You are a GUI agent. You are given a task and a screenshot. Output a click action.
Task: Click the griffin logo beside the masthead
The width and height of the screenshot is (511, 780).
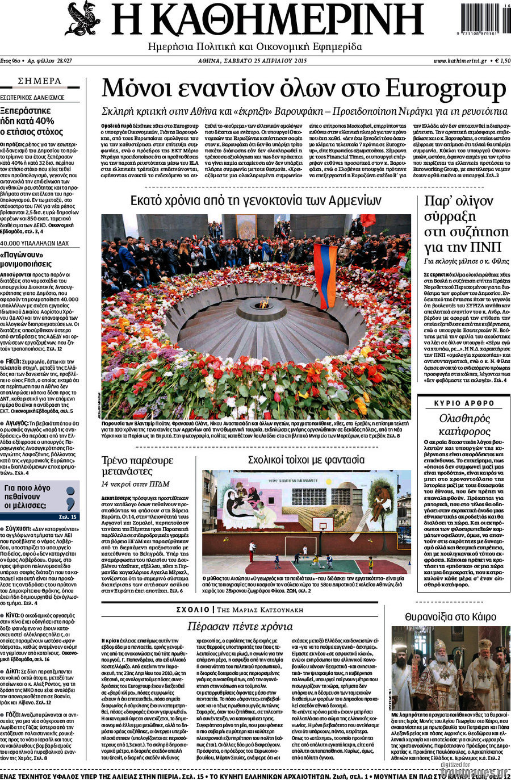click(x=82, y=19)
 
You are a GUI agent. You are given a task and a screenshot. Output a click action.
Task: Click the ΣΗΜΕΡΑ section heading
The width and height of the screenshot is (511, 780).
click(x=40, y=81)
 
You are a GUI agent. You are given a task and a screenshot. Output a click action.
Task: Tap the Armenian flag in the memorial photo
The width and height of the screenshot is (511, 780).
click(x=325, y=276)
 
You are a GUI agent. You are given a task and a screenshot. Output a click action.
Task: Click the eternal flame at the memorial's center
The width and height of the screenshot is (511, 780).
click(x=261, y=302)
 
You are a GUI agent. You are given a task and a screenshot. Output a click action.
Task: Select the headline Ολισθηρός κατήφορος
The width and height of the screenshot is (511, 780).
click(x=464, y=425)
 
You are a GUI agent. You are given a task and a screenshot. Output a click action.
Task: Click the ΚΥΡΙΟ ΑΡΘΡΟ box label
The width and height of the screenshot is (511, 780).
click(x=464, y=403)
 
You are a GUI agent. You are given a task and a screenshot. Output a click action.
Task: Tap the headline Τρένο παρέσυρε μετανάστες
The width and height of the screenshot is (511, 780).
click(x=137, y=465)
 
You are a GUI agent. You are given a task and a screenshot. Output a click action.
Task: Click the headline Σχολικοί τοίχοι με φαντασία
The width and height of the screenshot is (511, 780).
click(x=306, y=460)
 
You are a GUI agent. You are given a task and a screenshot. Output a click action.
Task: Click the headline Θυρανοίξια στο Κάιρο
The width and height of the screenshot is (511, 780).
click(x=450, y=616)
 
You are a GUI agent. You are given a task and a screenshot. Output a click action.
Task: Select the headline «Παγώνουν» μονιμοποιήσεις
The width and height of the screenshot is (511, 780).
click(x=33, y=259)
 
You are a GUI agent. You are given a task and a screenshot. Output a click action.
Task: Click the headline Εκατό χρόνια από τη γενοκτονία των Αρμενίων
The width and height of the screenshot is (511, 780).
click(x=256, y=201)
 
